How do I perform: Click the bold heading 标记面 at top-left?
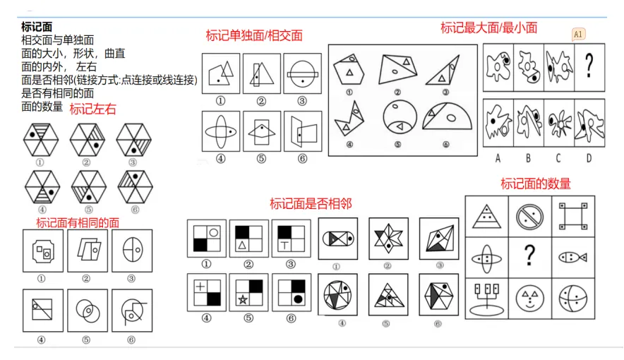coord(37,27)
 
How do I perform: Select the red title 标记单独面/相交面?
coord(253,35)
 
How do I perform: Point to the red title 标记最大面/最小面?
coord(488,28)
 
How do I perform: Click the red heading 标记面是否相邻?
coord(311,204)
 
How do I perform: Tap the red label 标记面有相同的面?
coord(78,222)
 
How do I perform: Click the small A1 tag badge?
coord(578,34)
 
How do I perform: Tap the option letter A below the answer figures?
coord(498,157)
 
